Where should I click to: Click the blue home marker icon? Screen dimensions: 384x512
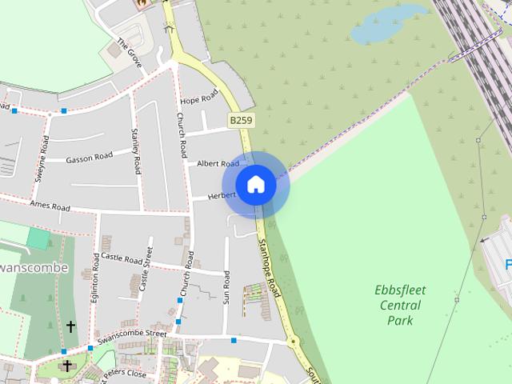click(x=255, y=185)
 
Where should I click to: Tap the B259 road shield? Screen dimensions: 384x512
click(x=241, y=121)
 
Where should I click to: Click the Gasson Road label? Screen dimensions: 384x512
click(x=89, y=158)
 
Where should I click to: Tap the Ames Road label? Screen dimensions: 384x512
click(x=50, y=206)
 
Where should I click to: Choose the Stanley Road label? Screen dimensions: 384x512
click(x=136, y=151)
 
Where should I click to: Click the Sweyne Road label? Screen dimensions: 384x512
click(x=40, y=159)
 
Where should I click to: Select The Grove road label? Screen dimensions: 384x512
click(x=129, y=52)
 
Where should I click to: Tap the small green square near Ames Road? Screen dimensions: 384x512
click(x=38, y=238)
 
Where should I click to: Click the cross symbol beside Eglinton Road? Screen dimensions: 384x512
click(x=70, y=326)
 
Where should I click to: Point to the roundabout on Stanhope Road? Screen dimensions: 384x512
click(x=294, y=342)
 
